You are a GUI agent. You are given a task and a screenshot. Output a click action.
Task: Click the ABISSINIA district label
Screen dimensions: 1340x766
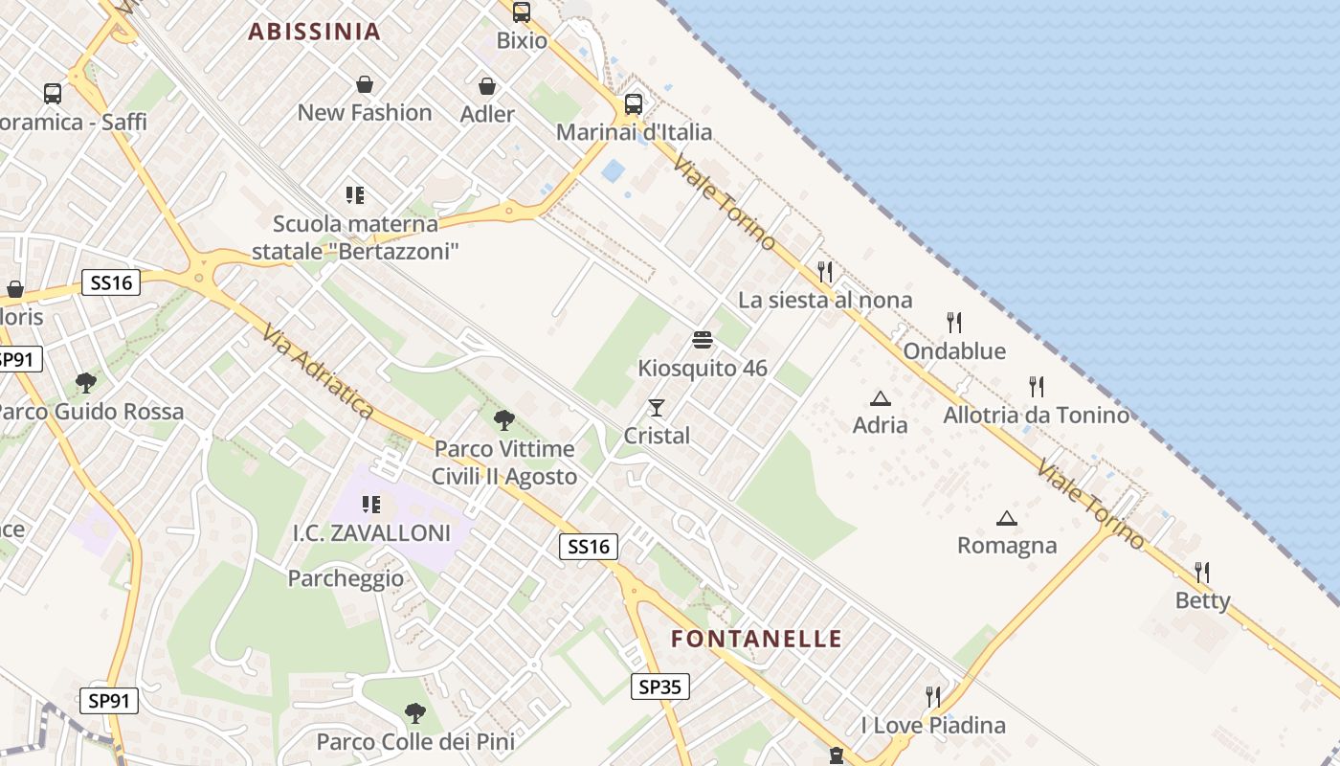(315, 32)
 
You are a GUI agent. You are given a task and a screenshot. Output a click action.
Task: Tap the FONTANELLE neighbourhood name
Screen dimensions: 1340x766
(756, 639)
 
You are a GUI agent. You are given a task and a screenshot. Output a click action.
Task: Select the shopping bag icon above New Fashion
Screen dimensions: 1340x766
(364, 84)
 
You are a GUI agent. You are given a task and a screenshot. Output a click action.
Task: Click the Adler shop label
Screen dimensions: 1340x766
(487, 114)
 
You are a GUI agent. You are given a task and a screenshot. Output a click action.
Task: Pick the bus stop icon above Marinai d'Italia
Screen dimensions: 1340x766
(633, 103)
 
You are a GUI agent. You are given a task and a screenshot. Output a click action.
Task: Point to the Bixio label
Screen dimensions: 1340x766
(522, 40)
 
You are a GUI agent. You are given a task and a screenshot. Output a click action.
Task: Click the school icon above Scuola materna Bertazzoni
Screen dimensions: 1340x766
(355, 195)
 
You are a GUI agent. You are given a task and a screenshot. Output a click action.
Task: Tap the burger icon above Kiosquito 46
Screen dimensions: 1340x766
(702, 340)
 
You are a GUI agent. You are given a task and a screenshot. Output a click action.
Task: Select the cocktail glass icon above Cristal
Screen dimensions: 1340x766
(656, 408)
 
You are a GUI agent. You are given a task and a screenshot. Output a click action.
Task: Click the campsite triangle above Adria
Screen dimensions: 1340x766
(880, 398)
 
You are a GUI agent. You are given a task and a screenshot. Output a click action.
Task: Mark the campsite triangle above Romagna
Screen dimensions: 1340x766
(1006, 519)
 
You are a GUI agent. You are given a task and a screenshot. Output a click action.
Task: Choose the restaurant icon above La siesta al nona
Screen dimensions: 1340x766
(825, 272)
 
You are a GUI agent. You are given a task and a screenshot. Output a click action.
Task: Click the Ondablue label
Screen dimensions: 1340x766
(954, 351)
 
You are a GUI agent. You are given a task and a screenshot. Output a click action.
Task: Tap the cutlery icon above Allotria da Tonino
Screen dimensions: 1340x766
(1036, 387)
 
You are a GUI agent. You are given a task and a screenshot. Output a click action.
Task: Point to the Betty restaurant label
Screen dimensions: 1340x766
(1202, 600)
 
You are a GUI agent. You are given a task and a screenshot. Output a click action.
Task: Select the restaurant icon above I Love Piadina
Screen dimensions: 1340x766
(933, 696)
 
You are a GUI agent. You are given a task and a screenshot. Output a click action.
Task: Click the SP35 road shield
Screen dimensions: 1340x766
(660, 686)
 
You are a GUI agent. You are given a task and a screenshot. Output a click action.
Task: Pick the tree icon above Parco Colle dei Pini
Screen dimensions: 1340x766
(414, 712)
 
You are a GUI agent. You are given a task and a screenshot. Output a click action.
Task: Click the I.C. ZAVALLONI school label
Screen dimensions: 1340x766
(371, 533)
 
